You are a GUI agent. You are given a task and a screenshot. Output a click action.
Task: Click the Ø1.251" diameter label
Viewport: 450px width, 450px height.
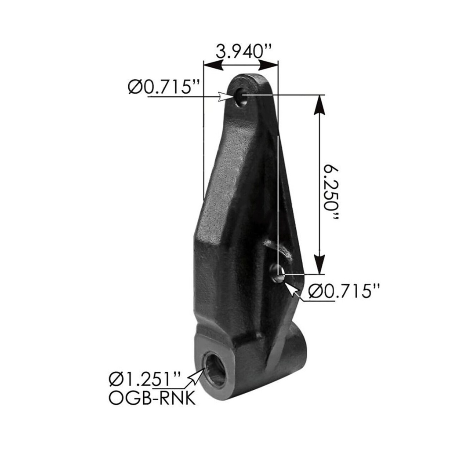(x=145, y=379)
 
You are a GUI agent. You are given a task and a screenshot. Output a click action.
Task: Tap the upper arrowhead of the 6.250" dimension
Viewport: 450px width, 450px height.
(x=319, y=106)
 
